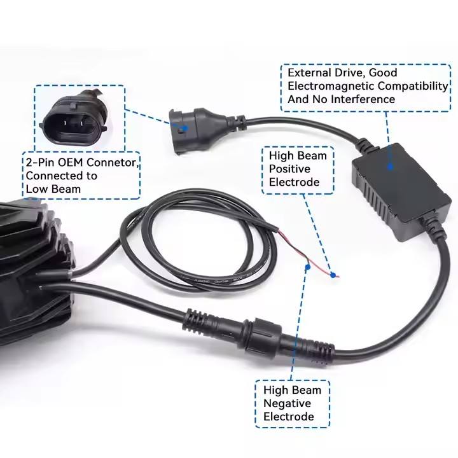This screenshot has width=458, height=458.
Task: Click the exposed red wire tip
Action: (333, 275)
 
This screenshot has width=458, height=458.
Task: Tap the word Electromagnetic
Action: (328, 87)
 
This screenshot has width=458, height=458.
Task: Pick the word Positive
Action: (290, 169)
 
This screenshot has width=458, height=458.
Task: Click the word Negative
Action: (287, 403)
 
